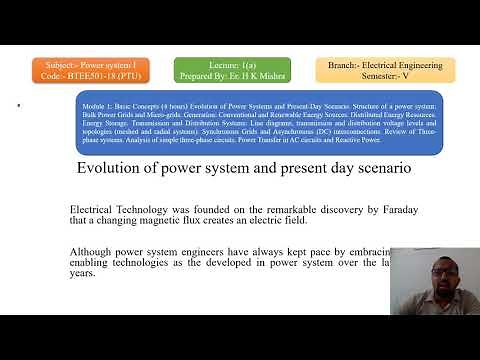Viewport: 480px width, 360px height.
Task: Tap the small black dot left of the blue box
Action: tap(19, 104)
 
